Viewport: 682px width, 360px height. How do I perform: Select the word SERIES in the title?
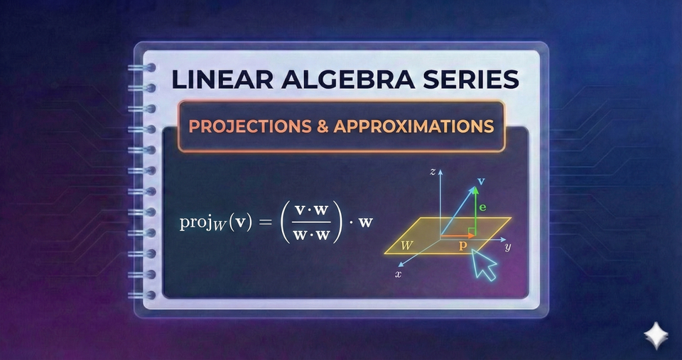click(465, 80)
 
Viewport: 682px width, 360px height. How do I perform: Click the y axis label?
click(508, 248)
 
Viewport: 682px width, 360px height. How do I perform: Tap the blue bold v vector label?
click(481, 181)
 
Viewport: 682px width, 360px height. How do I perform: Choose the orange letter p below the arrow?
click(463, 244)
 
